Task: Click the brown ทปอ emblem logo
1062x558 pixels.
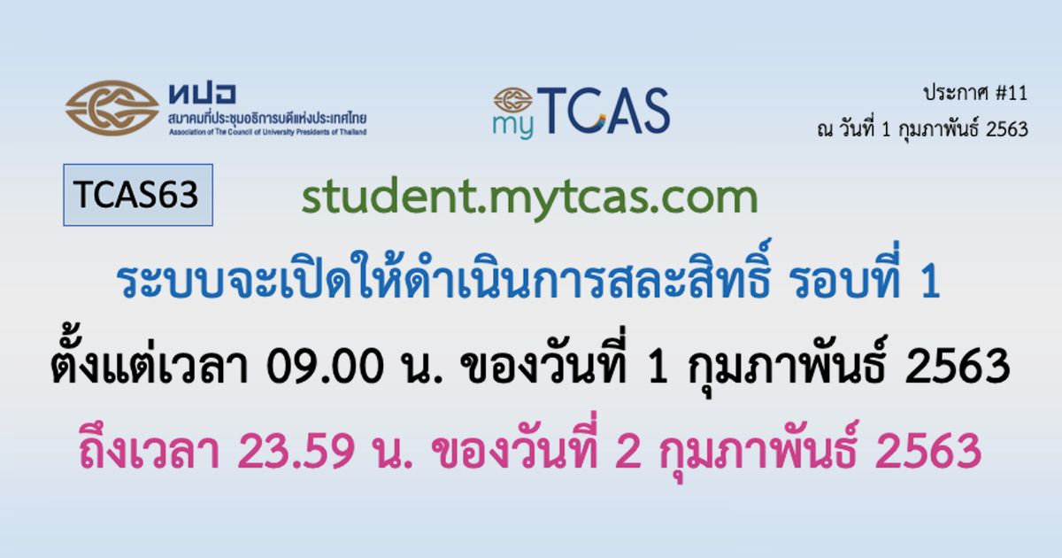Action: tap(112, 108)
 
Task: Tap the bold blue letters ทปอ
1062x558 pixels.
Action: tap(202, 94)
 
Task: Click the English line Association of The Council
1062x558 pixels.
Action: tap(268, 132)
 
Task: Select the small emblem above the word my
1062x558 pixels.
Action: tap(513, 100)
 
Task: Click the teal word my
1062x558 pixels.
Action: tap(513, 127)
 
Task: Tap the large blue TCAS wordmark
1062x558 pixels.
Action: tap(603, 111)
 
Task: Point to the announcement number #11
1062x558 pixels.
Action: tap(1012, 93)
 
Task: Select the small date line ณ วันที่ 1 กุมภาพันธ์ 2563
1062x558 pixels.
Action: tap(922, 129)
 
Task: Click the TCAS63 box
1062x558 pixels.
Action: tap(138, 195)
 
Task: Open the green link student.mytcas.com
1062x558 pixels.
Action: tap(529, 198)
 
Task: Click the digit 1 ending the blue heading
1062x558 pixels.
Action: tap(931, 282)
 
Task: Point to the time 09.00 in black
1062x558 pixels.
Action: tap(325, 366)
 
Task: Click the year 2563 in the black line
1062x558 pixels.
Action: tap(958, 366)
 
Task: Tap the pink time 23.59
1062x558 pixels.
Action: tap(296, 451)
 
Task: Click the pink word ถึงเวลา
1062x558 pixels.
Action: tap(150, 448)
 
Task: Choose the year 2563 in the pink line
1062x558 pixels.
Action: tap(928, 451)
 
